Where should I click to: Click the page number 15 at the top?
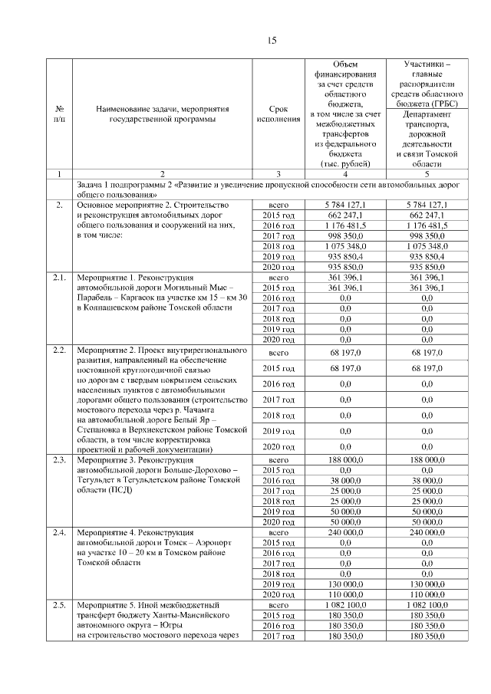tap(272, 40)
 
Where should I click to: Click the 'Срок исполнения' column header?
tap(278, 113)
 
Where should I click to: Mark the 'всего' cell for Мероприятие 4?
tap(278, 531)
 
